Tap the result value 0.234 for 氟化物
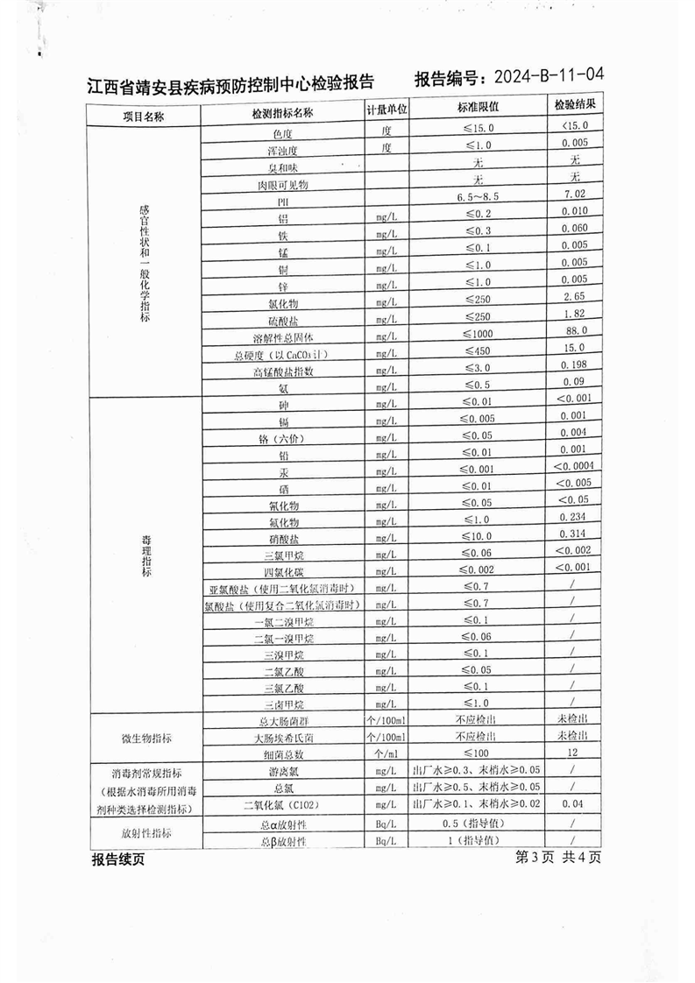click(x=573, y=517)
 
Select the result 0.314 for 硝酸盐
click(x=573, y=534)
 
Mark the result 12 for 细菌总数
click(x=573, y=753)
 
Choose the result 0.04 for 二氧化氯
click(x=573, y=803)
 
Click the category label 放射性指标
click(x=144, y=833)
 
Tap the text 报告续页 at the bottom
click(x=117, y=859)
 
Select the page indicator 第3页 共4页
click(x=559, y=857)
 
